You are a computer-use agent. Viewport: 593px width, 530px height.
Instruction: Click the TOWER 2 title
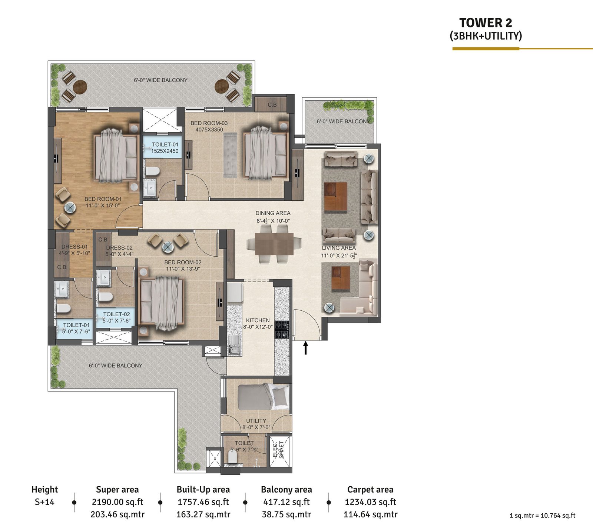coord(486,23)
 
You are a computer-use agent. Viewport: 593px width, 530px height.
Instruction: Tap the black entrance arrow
coord(306,348)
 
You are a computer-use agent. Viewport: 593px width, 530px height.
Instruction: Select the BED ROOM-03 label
coord(209,123)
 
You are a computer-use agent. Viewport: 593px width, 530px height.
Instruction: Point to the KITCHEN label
coord(258,320)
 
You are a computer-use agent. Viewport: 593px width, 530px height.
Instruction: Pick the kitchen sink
coord(234,345)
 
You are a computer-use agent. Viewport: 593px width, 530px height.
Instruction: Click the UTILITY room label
coord(256,421)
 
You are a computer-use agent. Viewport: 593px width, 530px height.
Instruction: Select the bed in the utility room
coord(263,397)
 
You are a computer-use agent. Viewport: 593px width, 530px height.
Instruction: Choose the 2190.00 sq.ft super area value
coord(117,502)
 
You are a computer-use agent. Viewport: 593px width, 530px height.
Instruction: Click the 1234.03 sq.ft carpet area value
coord(370,502)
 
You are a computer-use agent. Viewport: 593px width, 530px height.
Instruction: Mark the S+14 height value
coord(44,502)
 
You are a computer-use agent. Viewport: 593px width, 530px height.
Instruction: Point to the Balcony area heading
coord(286,490)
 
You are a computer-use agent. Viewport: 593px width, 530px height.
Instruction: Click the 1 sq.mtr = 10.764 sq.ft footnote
coord(543,516)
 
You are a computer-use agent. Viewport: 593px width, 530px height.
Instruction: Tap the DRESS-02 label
coord(119,248)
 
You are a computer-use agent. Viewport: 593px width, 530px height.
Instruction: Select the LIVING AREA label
coord(339,248)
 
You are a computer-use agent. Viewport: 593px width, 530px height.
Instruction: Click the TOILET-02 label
coord(116,314)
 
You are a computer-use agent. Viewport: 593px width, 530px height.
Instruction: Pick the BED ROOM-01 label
coord(103,199)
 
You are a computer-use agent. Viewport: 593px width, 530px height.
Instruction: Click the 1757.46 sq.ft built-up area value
coord(203,502)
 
